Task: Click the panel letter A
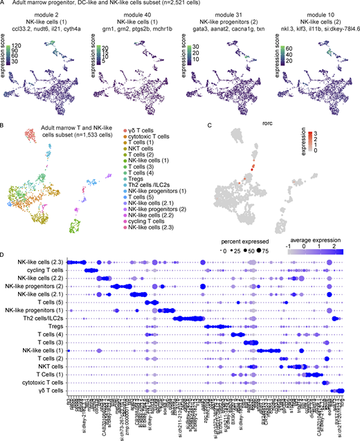tap(3, 3)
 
